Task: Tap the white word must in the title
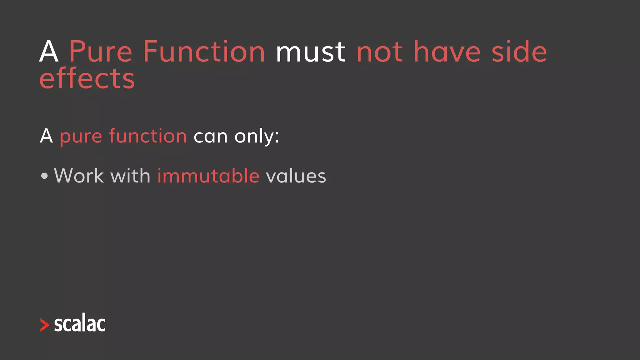click(311, 52)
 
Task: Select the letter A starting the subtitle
click(46, 136)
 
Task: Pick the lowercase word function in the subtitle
click(148, 136)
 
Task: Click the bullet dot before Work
click(44, 176)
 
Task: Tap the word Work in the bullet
click(79, 176)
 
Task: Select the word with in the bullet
click(130, 176)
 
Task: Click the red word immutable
click(208, 176)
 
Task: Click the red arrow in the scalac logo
click(45, 325)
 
